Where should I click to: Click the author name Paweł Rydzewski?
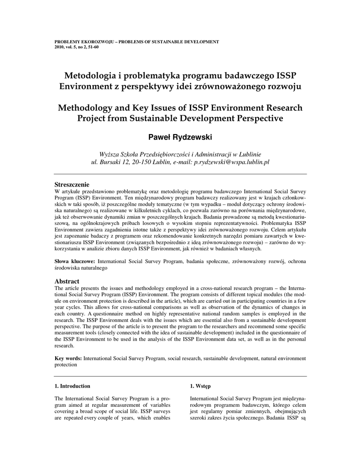(x=180, y=137)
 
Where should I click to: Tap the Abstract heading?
(x=67, y=281)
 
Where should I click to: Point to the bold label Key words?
(x=68, y=359)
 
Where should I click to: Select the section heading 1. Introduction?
(x=72, y=386)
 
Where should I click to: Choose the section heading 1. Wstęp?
(x=200, y=386)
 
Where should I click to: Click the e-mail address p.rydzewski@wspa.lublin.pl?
(x=232, y=162)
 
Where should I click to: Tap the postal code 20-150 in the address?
(x=138, y=162)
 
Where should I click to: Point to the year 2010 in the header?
(x=59, y=47)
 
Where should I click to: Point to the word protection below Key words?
(x=66, y=365)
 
